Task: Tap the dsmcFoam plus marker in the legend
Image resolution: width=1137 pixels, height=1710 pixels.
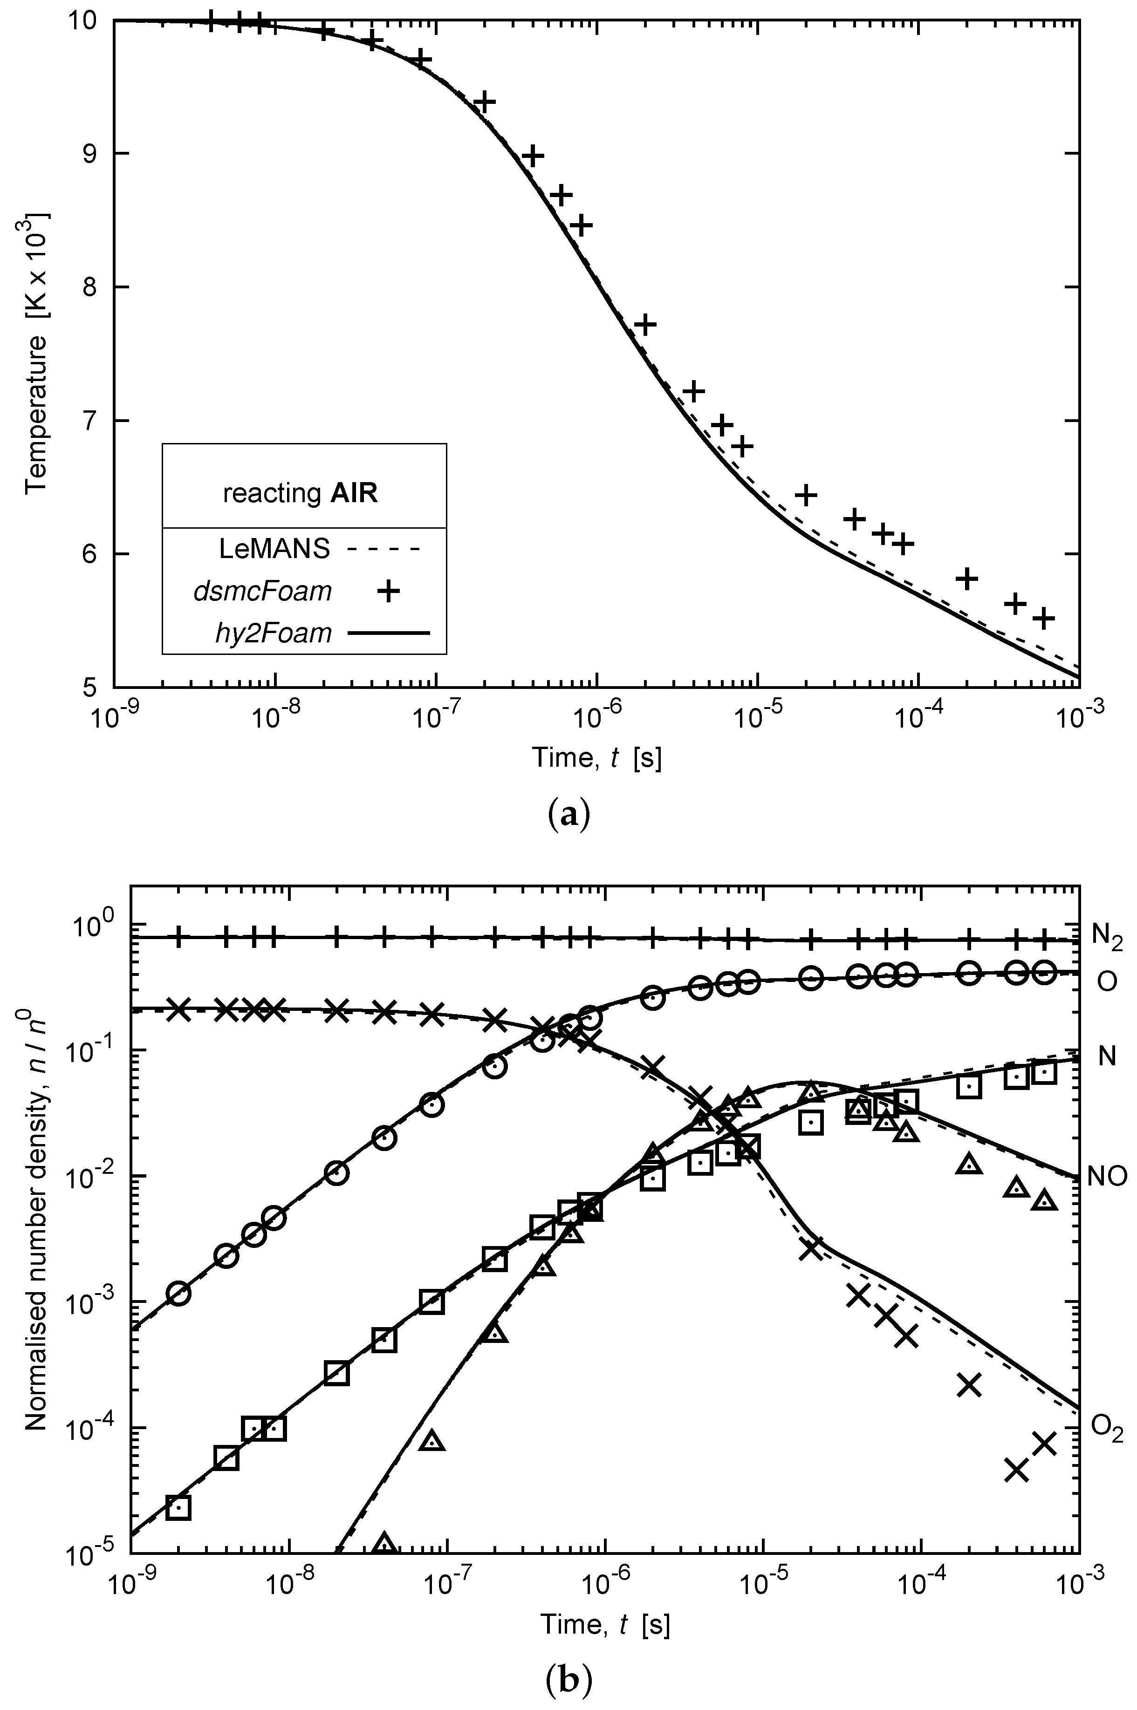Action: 389,592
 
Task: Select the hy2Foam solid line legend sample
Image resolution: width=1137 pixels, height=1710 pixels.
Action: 389,633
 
